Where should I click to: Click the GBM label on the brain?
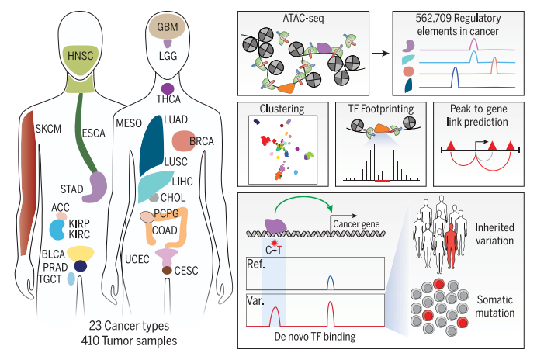click(x=168, y=26)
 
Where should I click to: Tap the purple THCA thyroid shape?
click(x=168, y=88)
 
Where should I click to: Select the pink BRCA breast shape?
click(x=183, y=140)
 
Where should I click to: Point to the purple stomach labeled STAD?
click(x=95, y=187)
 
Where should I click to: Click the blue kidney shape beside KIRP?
click(x=57, y=230)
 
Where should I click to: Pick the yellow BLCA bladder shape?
click(x=81, y=254)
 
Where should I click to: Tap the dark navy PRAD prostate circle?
click(x=81, y=266)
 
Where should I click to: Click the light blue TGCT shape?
click(x=71, y=279)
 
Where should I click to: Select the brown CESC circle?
click(x=167, y=270)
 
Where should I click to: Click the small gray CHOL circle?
click(x=154, y=198)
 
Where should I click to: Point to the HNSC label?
click(x=81, y=56)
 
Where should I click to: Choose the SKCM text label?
click(x=48, y=129)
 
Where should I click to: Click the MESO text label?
click(x=129, y=123)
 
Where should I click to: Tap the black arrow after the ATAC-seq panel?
click(x=381, y=54)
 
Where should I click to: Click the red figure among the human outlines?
click(x=451, y=246)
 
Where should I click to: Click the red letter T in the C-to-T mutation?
click(x=280, y=251)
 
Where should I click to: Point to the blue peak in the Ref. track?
click(x=330, y=282)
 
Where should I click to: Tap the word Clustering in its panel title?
click(x=282, y=109)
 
